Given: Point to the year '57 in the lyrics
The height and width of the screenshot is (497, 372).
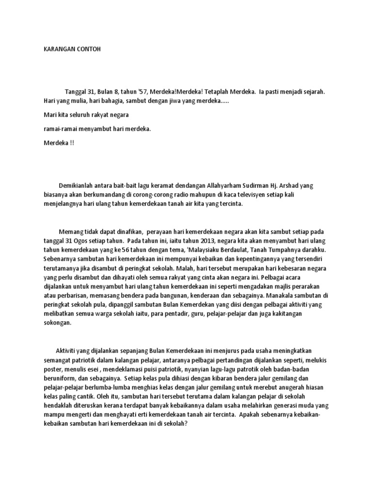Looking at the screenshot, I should [143, 91].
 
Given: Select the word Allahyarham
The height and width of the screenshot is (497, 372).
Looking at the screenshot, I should [225, 186].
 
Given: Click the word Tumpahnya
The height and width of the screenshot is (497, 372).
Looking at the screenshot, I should [308, 250].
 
